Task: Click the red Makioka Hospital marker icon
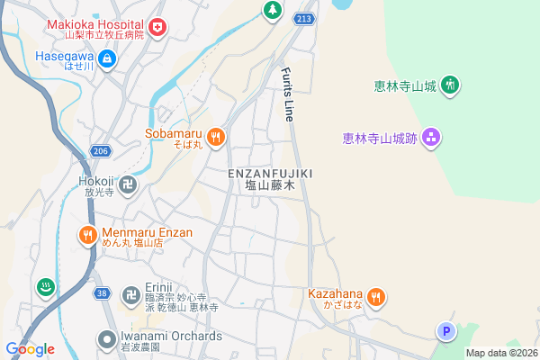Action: tap(158, 28)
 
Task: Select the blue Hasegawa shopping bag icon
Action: tap(107, 59)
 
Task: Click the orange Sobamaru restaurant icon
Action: tap(215, 137)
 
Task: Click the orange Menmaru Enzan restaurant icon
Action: tap(86, 236)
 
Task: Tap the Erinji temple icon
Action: tap(130, 294)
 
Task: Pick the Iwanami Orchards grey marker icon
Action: tap(106, 340)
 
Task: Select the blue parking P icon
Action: tap(445, 332)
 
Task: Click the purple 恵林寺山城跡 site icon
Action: tap(431, 137)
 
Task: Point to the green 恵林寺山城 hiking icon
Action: tap(451, 86)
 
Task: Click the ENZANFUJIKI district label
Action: tap(270, 173)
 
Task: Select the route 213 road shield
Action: tap(305, 17)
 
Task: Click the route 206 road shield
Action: tap(100, 151)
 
